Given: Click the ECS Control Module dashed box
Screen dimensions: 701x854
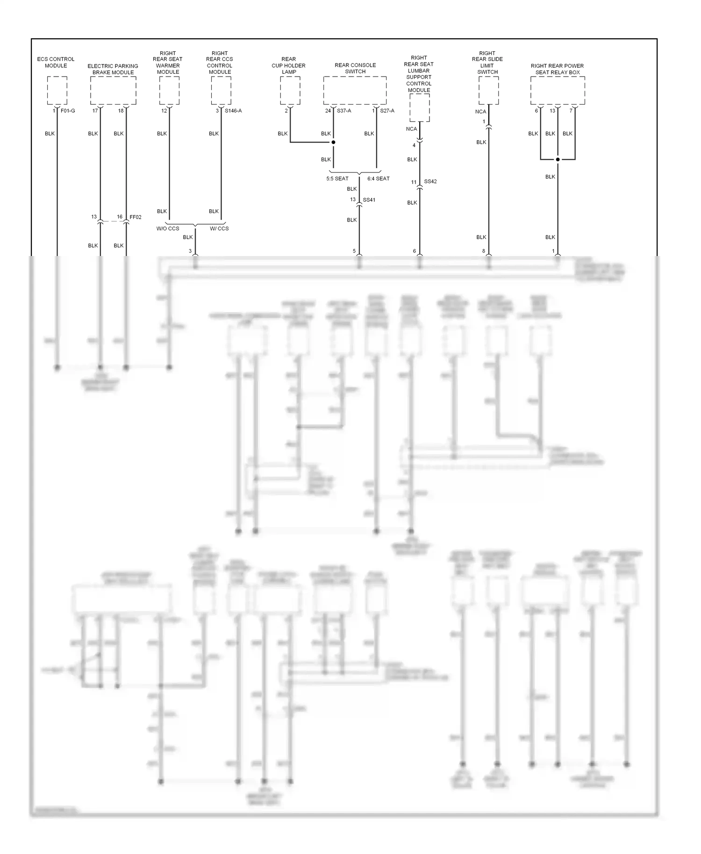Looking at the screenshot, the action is click(x=57, y=91).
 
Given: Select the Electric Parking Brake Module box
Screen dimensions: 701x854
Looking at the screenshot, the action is click(x=113, y=91).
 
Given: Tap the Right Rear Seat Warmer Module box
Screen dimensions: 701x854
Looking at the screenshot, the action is click(x=169, y=91).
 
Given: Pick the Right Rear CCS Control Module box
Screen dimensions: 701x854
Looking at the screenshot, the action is click(x=221, y=91).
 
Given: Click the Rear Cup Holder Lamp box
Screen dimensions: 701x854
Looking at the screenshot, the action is click(x=290, y=91).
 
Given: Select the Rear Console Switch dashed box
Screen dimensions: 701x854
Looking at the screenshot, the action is click(x=355, y=91).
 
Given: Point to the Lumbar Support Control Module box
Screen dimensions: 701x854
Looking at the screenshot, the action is click(x=419, y=107).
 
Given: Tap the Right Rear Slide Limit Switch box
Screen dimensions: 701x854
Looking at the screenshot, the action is click(x=488, y=91).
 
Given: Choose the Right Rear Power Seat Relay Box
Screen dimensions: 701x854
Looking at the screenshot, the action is click(x=558, y=91).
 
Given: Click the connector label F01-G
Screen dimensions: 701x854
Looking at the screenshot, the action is click(x=68, y=111).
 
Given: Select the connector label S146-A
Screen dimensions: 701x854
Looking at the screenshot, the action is click(x=233, y=111).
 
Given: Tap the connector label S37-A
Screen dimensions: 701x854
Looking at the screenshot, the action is click(x=344, y=111).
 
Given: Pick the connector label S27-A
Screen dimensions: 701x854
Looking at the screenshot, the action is click(x=387, y=111).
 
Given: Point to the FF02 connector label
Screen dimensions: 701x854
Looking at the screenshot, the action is click(x=135, y=217).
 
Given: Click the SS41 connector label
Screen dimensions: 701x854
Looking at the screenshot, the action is click(x=369, y=200).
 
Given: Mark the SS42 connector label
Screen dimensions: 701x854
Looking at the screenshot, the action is click(x=430, y=182).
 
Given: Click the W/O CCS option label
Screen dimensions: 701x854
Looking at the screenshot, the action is click(x=168, y=229).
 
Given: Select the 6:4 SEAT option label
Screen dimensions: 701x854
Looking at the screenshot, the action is click(x=378, y=179).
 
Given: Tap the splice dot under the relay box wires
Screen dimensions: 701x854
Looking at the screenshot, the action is click(x=558, y=160).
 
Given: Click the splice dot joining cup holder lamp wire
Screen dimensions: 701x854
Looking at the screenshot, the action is click(x=333, y=142).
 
